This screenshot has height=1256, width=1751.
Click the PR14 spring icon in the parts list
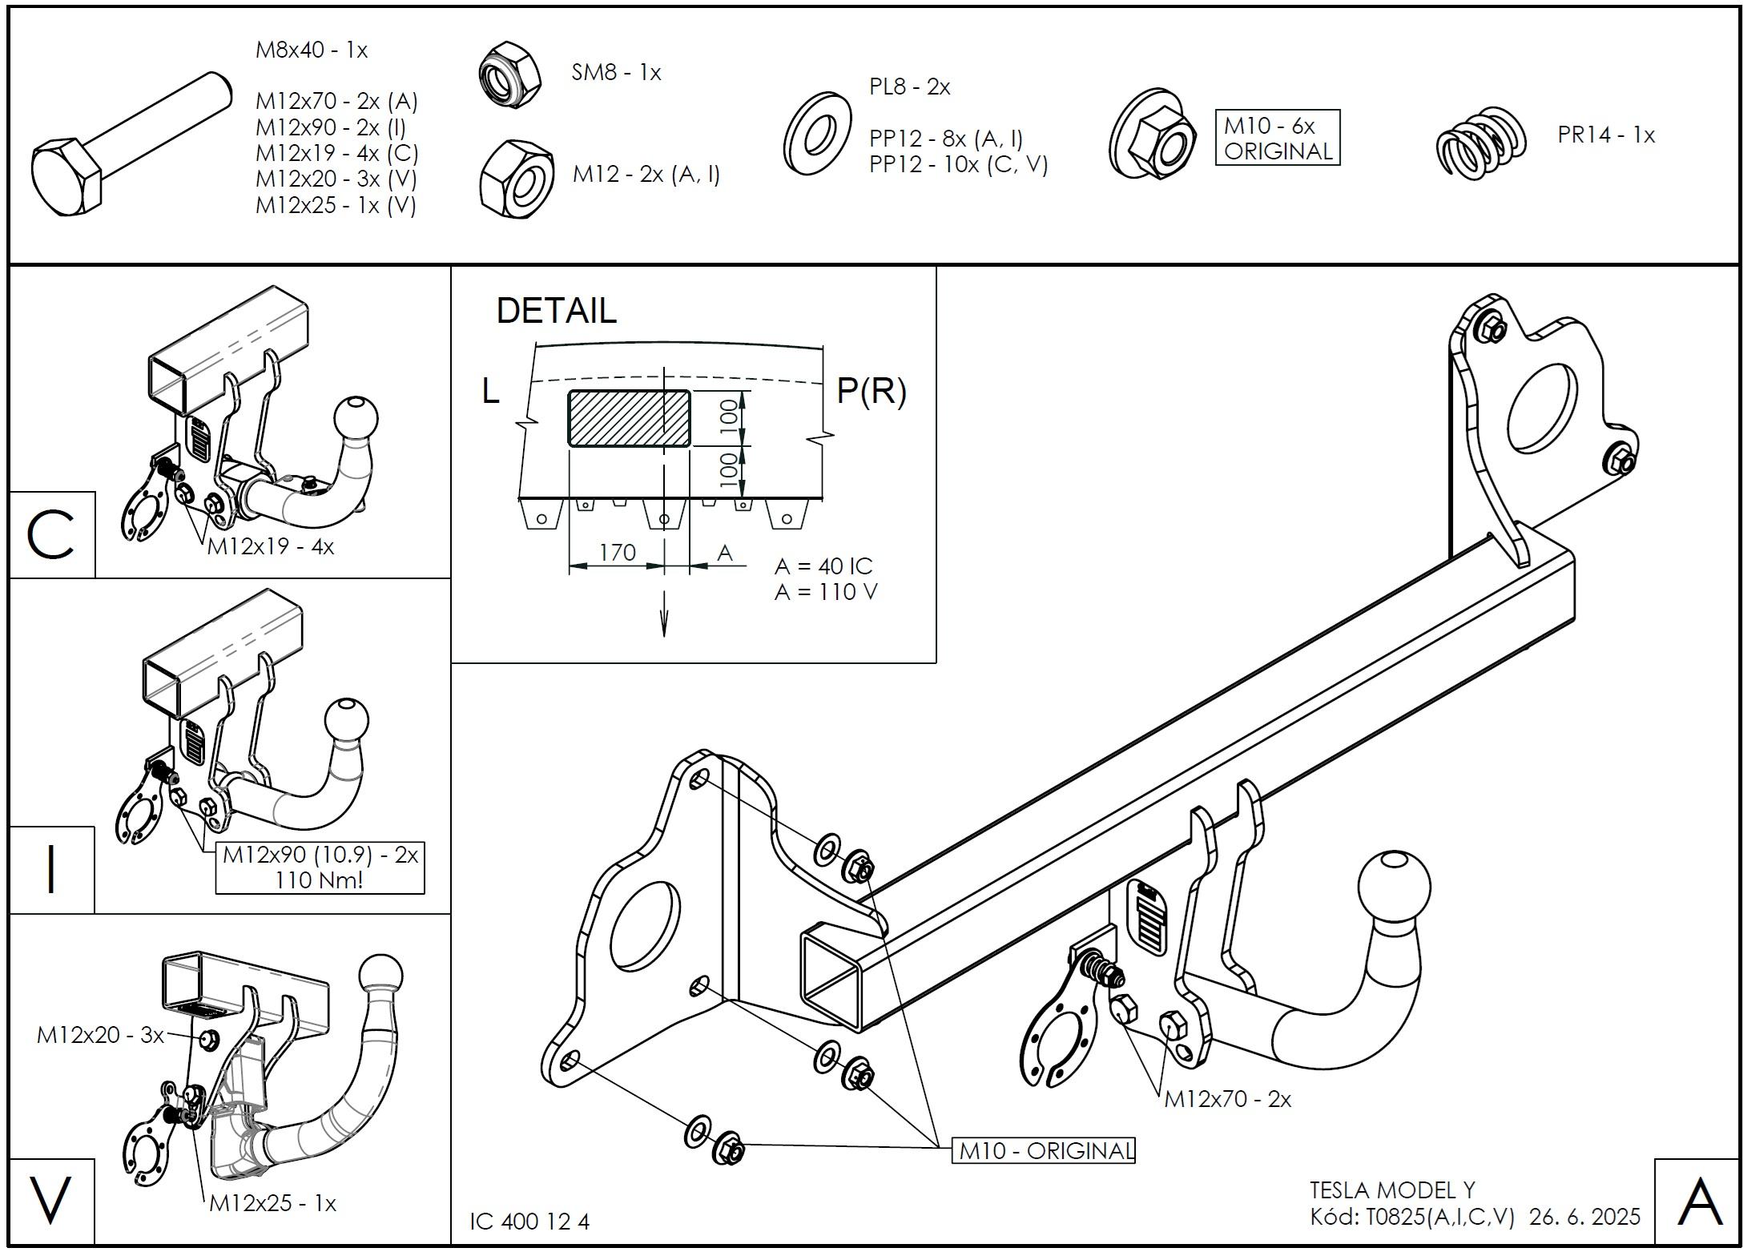(x=1480, y=143)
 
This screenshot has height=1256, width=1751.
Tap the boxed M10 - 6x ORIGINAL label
(x=1277, y=138)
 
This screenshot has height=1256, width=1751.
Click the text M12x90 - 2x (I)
(x=331, y=127)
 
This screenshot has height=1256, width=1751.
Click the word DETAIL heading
(x=557, y=311)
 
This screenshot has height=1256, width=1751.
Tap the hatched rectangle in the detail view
(x=629, y=418)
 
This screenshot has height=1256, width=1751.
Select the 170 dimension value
(x=617, y=553)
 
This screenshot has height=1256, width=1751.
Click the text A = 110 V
(x=826, y=592)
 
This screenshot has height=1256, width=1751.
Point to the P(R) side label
(x=871, y=391)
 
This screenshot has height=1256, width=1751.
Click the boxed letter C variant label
(x=51, y=535)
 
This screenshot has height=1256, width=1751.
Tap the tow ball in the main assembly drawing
(x=1394, y=888)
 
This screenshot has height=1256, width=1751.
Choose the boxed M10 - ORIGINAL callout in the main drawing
(x=1043, y=1151)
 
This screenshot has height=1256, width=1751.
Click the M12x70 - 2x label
(x=1227, y=1099)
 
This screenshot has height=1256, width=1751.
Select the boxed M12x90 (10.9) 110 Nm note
(x=320, y=868)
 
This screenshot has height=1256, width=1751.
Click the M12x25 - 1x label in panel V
(x=272, y=1203)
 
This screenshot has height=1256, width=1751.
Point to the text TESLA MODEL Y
(x=1392, y=1190)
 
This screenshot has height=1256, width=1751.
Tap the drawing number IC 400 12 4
(x=529, y=1222)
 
